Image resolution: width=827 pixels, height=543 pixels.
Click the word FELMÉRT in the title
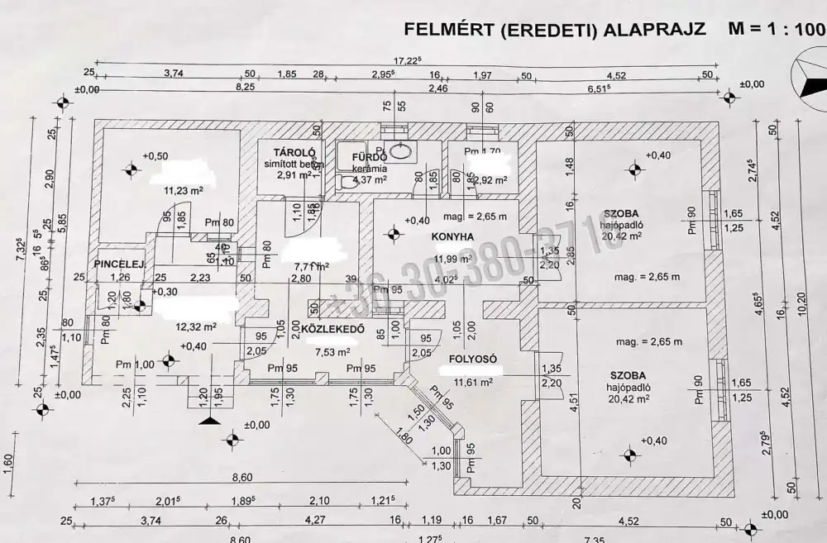pyautogui.click(x=447, y=30)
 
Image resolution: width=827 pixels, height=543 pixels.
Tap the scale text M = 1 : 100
pyautogui.click(x=775, y=29)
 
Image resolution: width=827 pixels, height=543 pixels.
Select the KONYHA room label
pyautogui.click(x=452, y=236)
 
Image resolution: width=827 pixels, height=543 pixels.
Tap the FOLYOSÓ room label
pyautogui.click(x=472, y=360)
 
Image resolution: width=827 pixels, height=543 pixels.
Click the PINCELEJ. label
pyautogui.click(x=121, y=264)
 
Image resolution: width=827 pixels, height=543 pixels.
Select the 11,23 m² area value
pyautogui.click(x=184, y=189)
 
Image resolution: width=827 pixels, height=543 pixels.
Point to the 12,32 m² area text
pyautogui.click(x=195, y=326)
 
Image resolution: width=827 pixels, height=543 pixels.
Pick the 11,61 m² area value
pyautogui.click(x=473, y=382)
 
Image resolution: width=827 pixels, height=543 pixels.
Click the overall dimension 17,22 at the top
pyautogui.click(x=408, y=60)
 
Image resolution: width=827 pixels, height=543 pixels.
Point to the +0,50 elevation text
pyautogui.click(x=155, y=155)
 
